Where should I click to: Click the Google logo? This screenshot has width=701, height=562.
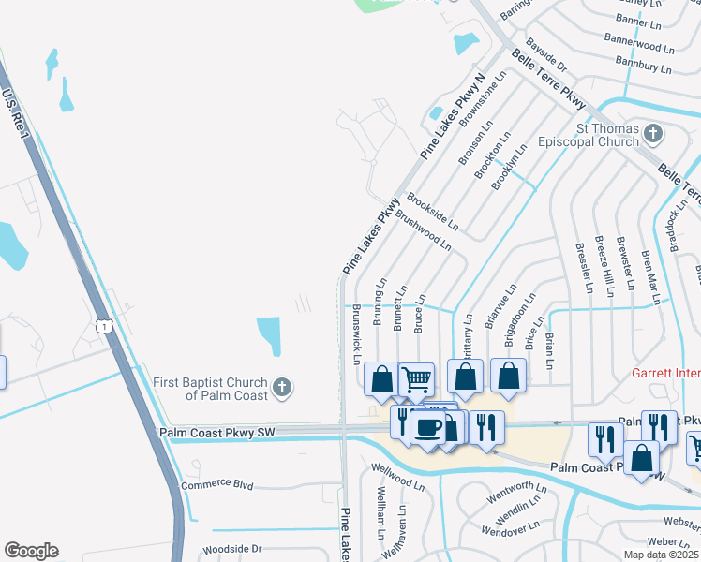pyautogui.click(x=31, y=551)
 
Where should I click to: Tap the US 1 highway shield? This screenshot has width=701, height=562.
pyautogui.click(x=105, y=325)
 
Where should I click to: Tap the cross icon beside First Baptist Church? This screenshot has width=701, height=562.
pyautogui.click(x=281, y=387)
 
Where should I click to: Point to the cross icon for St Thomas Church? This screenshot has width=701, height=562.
pyautogui.click(x=652, y=134)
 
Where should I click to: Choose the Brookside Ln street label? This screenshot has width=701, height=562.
pyautogui.click(x=432, y=212)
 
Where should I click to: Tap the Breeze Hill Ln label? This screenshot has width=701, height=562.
pyautogui.click(x=601, y=266)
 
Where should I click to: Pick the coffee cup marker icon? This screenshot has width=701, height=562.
pyautogui.click(x=430, y=428)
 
